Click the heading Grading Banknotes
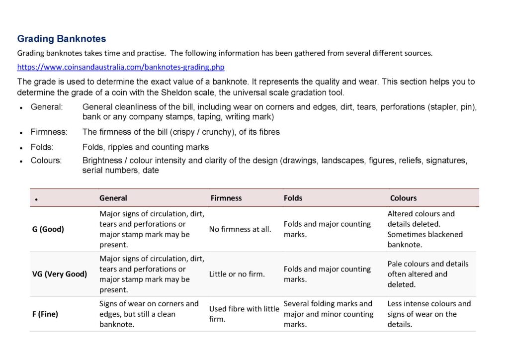click(61, 39)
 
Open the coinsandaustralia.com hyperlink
click(117, 67)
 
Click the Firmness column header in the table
click(226, 198)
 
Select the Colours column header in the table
click(403, 198)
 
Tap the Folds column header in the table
click(293, 198)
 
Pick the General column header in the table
click(113, 198)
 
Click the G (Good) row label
click(48, 229)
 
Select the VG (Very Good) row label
click(60, 274)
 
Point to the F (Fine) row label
click(46, 314)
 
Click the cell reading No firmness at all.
click(240, 229)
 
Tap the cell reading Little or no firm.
click(237, 274)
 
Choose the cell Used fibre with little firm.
click(244, 314)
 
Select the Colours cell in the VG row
click(428, 274)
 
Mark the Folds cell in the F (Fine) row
click(328, 314)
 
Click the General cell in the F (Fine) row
click(149, 314)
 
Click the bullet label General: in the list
click(47, 107)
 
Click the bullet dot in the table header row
click(36, 199)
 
